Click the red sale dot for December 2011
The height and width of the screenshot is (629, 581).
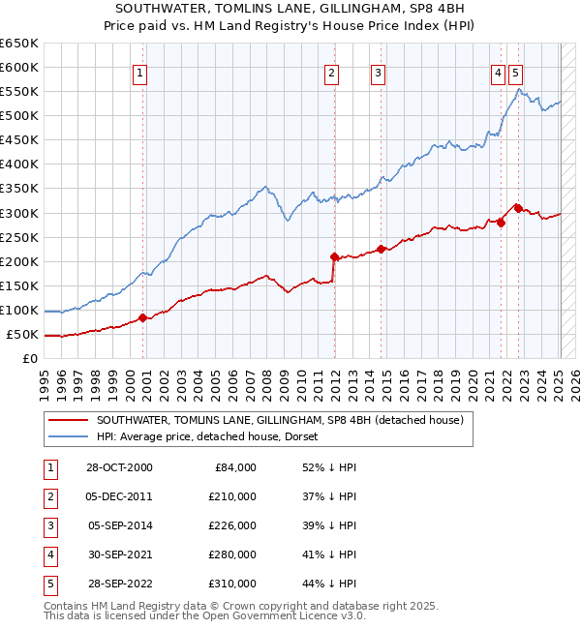(x=334, y=256)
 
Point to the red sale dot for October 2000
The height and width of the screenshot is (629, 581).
(x=142, y=317)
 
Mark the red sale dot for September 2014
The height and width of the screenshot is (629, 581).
(x=382, y=249)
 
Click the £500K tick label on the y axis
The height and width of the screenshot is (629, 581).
(x=19, y=115)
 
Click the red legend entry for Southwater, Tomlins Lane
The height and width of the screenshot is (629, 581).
(x=280, y=420)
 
